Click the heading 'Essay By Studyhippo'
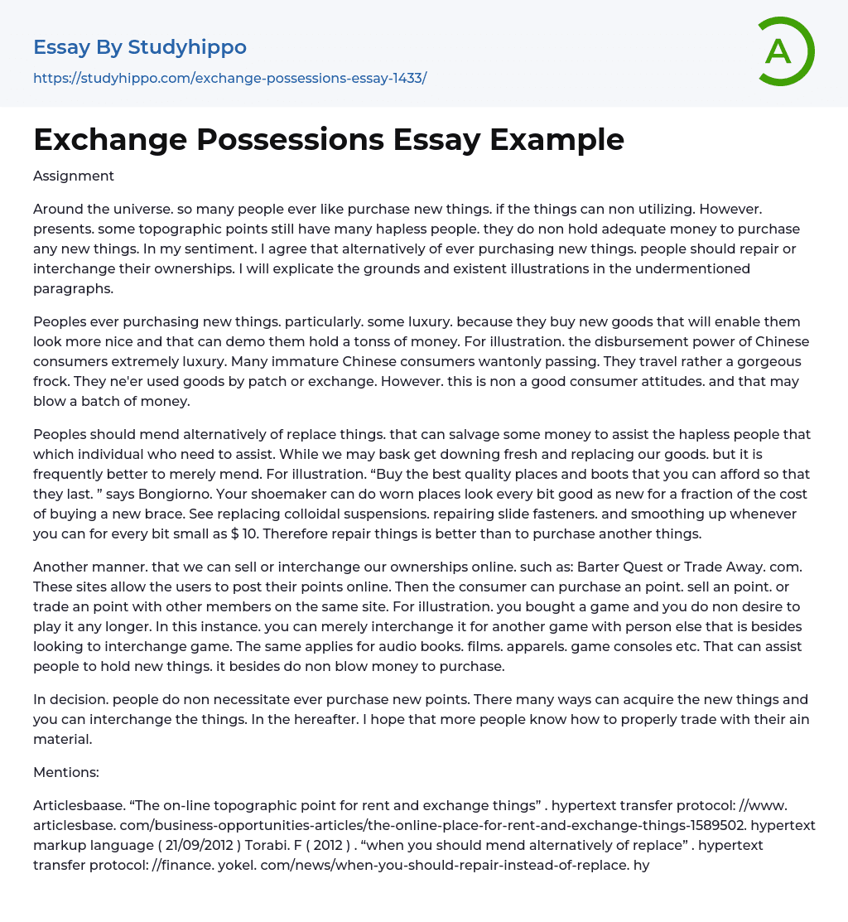pyautogui.click(x=140, y=47)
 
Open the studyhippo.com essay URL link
pyautogui.click(x=229, y=78)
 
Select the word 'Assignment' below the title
pyautogui.click(x=74, y=176)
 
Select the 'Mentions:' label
pyautogui.click(x=65, y=772)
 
